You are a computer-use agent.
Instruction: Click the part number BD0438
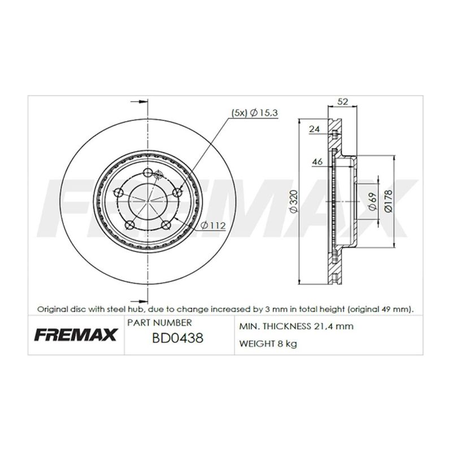click(x=177, y=338)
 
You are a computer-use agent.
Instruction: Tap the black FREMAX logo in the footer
click(x=76, y=335)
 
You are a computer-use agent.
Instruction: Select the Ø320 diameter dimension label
click(x=294, y=202)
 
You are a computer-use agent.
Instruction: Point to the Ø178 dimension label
click(x=389, y=201)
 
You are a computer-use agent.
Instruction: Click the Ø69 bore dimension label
click(x=372, y=202)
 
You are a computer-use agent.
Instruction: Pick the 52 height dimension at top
click(x=343, y=102)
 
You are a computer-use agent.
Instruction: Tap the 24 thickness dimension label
click(x=315, y=129)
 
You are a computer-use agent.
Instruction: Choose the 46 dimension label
click(x=318, y=162)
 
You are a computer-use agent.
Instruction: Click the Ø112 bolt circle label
click(x=213, y=225)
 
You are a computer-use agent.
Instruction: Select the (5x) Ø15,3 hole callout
click(x=255, y=112)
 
